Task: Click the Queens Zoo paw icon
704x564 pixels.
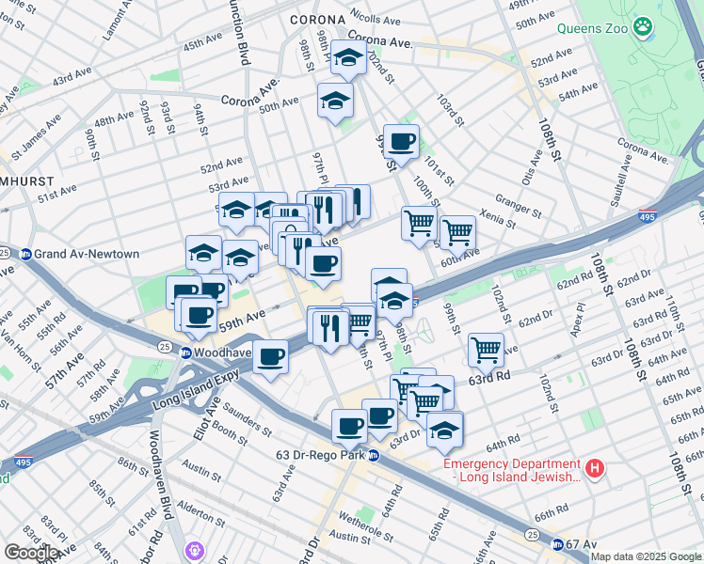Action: pyautogui.click(x=644, y=27)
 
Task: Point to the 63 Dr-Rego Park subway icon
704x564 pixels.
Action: pyautogui.click(x=374, y=456)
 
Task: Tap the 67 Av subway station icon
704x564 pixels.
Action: pyautogui.click(x=557, y=544)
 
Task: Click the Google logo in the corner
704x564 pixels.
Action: pyautogui.click(x=31, y=553)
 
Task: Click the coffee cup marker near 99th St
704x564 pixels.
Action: pyautogui.click(x=401, y=143)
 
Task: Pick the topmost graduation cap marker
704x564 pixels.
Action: pyautogui.click(x=349, y=58)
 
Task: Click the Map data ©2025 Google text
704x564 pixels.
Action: pyautogui.click(x=646, y=556)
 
